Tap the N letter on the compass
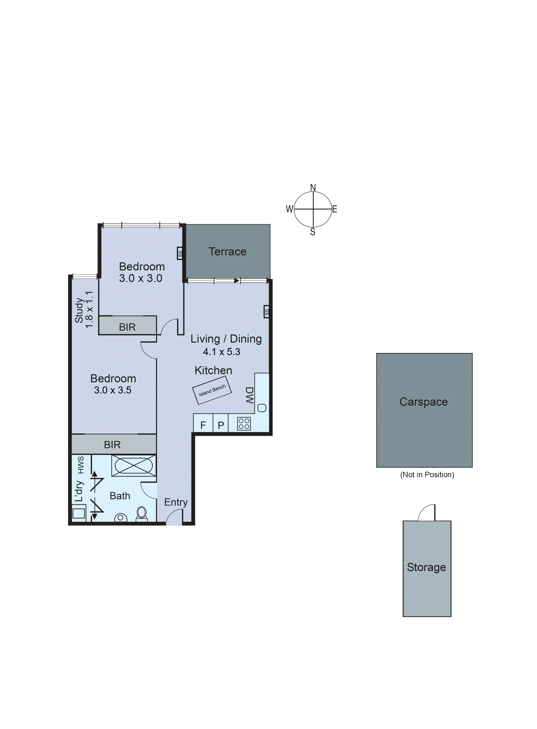313,188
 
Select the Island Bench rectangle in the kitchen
212,390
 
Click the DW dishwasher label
249,395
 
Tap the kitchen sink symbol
262,408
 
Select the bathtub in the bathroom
134,466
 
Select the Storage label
427,567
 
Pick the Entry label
176,502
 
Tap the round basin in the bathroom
120,517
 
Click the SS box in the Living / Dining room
266,312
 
